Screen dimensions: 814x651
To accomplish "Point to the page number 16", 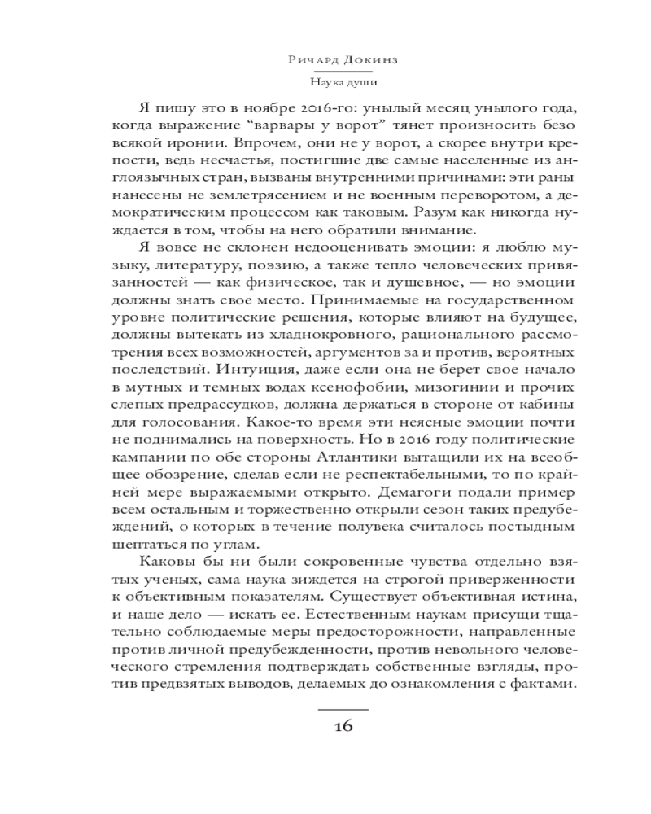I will [x=342, y=727].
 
